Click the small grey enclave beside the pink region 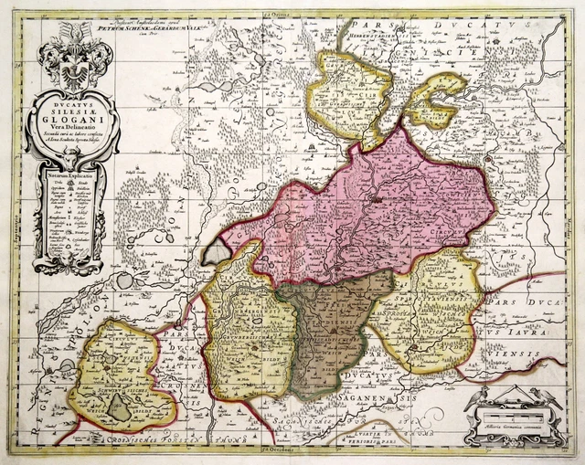click(216, 250)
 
